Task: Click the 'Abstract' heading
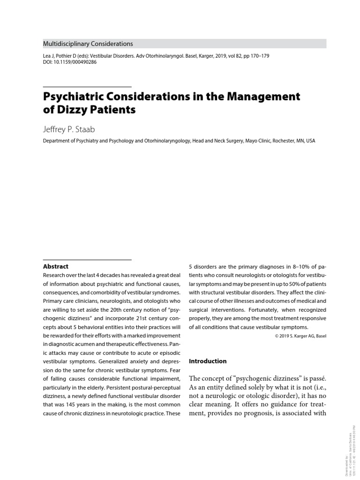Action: point(55,266)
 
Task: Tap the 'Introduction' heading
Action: point(208,361)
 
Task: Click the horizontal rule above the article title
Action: point(87,87)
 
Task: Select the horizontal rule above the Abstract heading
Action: point(87,259)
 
